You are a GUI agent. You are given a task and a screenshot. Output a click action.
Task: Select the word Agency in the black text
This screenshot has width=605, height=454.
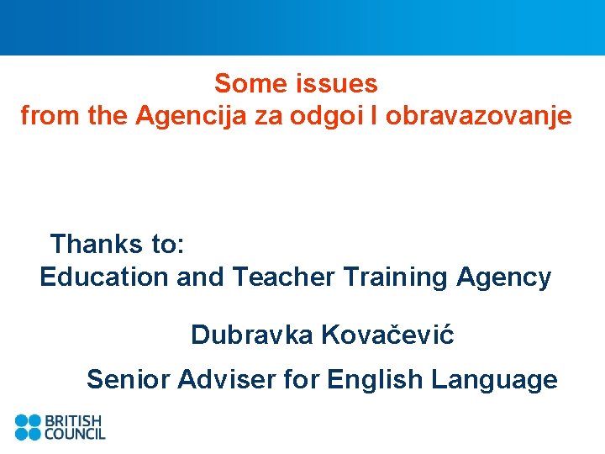tap(504, 277)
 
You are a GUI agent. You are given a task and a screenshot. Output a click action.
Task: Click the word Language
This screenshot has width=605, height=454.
tap(494, 380)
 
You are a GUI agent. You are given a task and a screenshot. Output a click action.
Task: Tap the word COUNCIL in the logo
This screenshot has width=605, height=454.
tap(75, 434)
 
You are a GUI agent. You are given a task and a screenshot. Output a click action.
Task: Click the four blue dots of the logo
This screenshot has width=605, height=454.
tap(28, 427)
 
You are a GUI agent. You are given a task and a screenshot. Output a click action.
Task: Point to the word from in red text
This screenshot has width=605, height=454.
tap(49, 116)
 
